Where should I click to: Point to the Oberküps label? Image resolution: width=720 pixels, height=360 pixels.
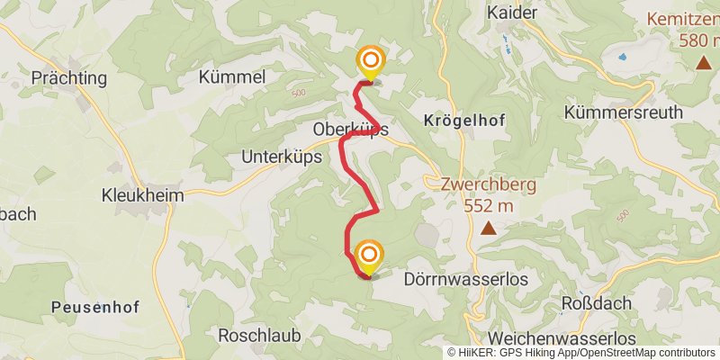[350, 130]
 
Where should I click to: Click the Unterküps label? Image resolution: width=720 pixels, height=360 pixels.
[277, 157]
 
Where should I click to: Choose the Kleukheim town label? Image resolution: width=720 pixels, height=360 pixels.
[142, 195]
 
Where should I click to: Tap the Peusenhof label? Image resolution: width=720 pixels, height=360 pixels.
[94, 307]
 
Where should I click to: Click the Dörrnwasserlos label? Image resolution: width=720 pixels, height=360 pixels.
[466, 280]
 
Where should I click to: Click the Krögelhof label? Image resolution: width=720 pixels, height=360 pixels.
[463, 120]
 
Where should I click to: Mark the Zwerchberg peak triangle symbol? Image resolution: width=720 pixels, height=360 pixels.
[488, 229]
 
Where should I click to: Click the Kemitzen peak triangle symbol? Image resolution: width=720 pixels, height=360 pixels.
[702, 63]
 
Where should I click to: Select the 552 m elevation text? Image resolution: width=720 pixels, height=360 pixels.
[489, 206]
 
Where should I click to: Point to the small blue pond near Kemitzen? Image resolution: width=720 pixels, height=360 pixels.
[621, 57]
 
